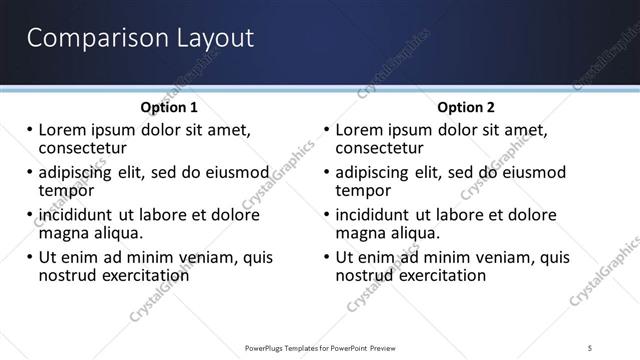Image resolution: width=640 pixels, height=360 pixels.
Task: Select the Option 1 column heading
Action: [169, 107]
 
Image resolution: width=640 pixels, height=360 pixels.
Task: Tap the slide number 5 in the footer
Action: [591, 347]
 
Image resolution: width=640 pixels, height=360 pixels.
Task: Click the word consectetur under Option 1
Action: [82, 148]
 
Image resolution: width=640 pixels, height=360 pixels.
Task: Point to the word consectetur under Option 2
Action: [380, 148]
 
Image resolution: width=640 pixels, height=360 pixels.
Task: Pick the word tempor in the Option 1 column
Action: [66, 190]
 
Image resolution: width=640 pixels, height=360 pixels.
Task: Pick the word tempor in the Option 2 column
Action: [364, 190]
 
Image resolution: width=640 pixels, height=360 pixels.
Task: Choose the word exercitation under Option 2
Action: [441, 275]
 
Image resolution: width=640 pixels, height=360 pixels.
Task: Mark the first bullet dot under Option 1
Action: [30, 131]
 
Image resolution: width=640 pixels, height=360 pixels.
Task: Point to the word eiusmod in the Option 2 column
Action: [532, 173]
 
